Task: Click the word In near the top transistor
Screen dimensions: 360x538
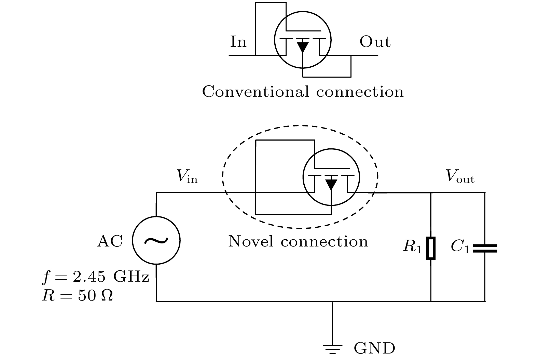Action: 238,42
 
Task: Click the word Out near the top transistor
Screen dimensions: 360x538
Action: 375,42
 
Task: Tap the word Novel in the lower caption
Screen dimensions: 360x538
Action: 251,241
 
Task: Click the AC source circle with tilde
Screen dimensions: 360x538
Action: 156,240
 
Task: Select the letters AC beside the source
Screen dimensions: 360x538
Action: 110,241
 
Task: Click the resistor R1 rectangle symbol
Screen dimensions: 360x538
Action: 431,248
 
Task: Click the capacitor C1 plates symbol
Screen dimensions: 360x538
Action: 485,248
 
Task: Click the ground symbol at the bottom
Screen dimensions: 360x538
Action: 332,348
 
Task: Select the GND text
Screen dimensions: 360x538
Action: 374,348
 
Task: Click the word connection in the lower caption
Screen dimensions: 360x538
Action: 324,241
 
